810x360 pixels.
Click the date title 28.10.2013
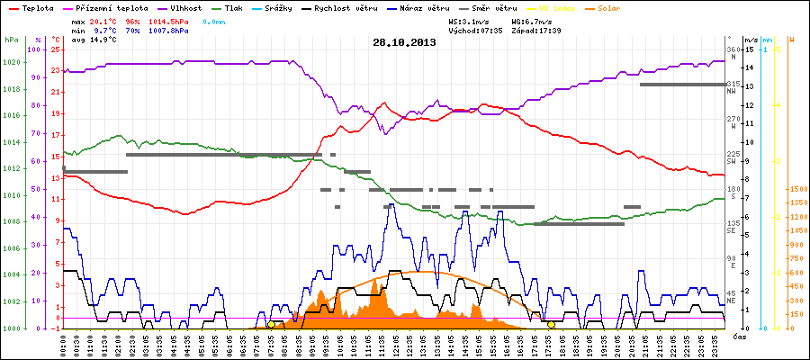point(404,42)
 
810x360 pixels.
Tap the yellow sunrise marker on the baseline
point(271,324)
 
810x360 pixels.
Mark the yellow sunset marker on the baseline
point(551,324)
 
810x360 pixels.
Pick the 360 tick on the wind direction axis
point(732,49)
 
